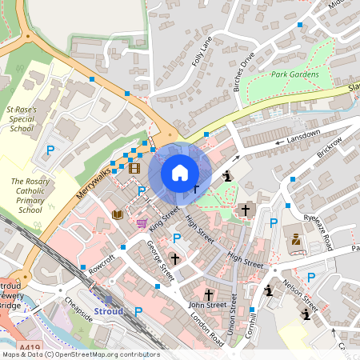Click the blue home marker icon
pos(180,173)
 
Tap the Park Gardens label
pos(294,74)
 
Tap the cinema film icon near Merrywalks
pos(134,167)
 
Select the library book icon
pos(118,214)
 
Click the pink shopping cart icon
pos(142,223)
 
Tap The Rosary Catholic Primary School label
pos(30,196)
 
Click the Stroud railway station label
pos(109,310)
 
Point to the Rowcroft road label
pos(102,266)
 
